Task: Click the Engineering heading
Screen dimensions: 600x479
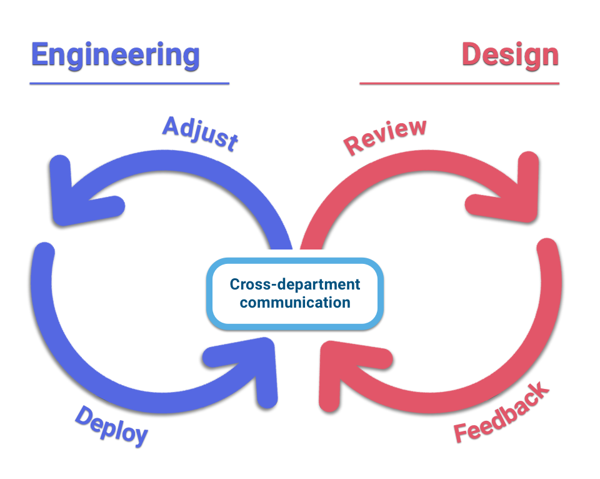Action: pyautogui.click(x=115, y=56)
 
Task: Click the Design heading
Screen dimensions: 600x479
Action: pyautogui.click(x=511, y=56)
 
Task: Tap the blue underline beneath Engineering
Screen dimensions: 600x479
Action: pyautogui.click(x=129, y=83)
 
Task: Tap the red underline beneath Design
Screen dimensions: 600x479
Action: pyautogui.click(x=459, y=83)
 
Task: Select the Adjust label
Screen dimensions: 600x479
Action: pyautogui.click(x=201, y=133)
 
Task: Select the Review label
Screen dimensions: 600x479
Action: pyautogui.click(x=384, y=136)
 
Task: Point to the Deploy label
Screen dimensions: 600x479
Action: pyautogui.click(x=111, y=426)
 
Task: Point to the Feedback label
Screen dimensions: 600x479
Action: pyautogui.click(x=502, y=412)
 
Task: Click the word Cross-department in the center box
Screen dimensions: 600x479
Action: pyautogui.click(x=294, y=284)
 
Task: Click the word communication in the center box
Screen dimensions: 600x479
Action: pyautogui.click(x=294, y=303)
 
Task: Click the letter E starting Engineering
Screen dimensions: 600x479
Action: pyautogui.click(x=40, y=54)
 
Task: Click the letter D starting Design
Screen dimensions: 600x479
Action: pyautogui.click(x=472, y=54)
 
